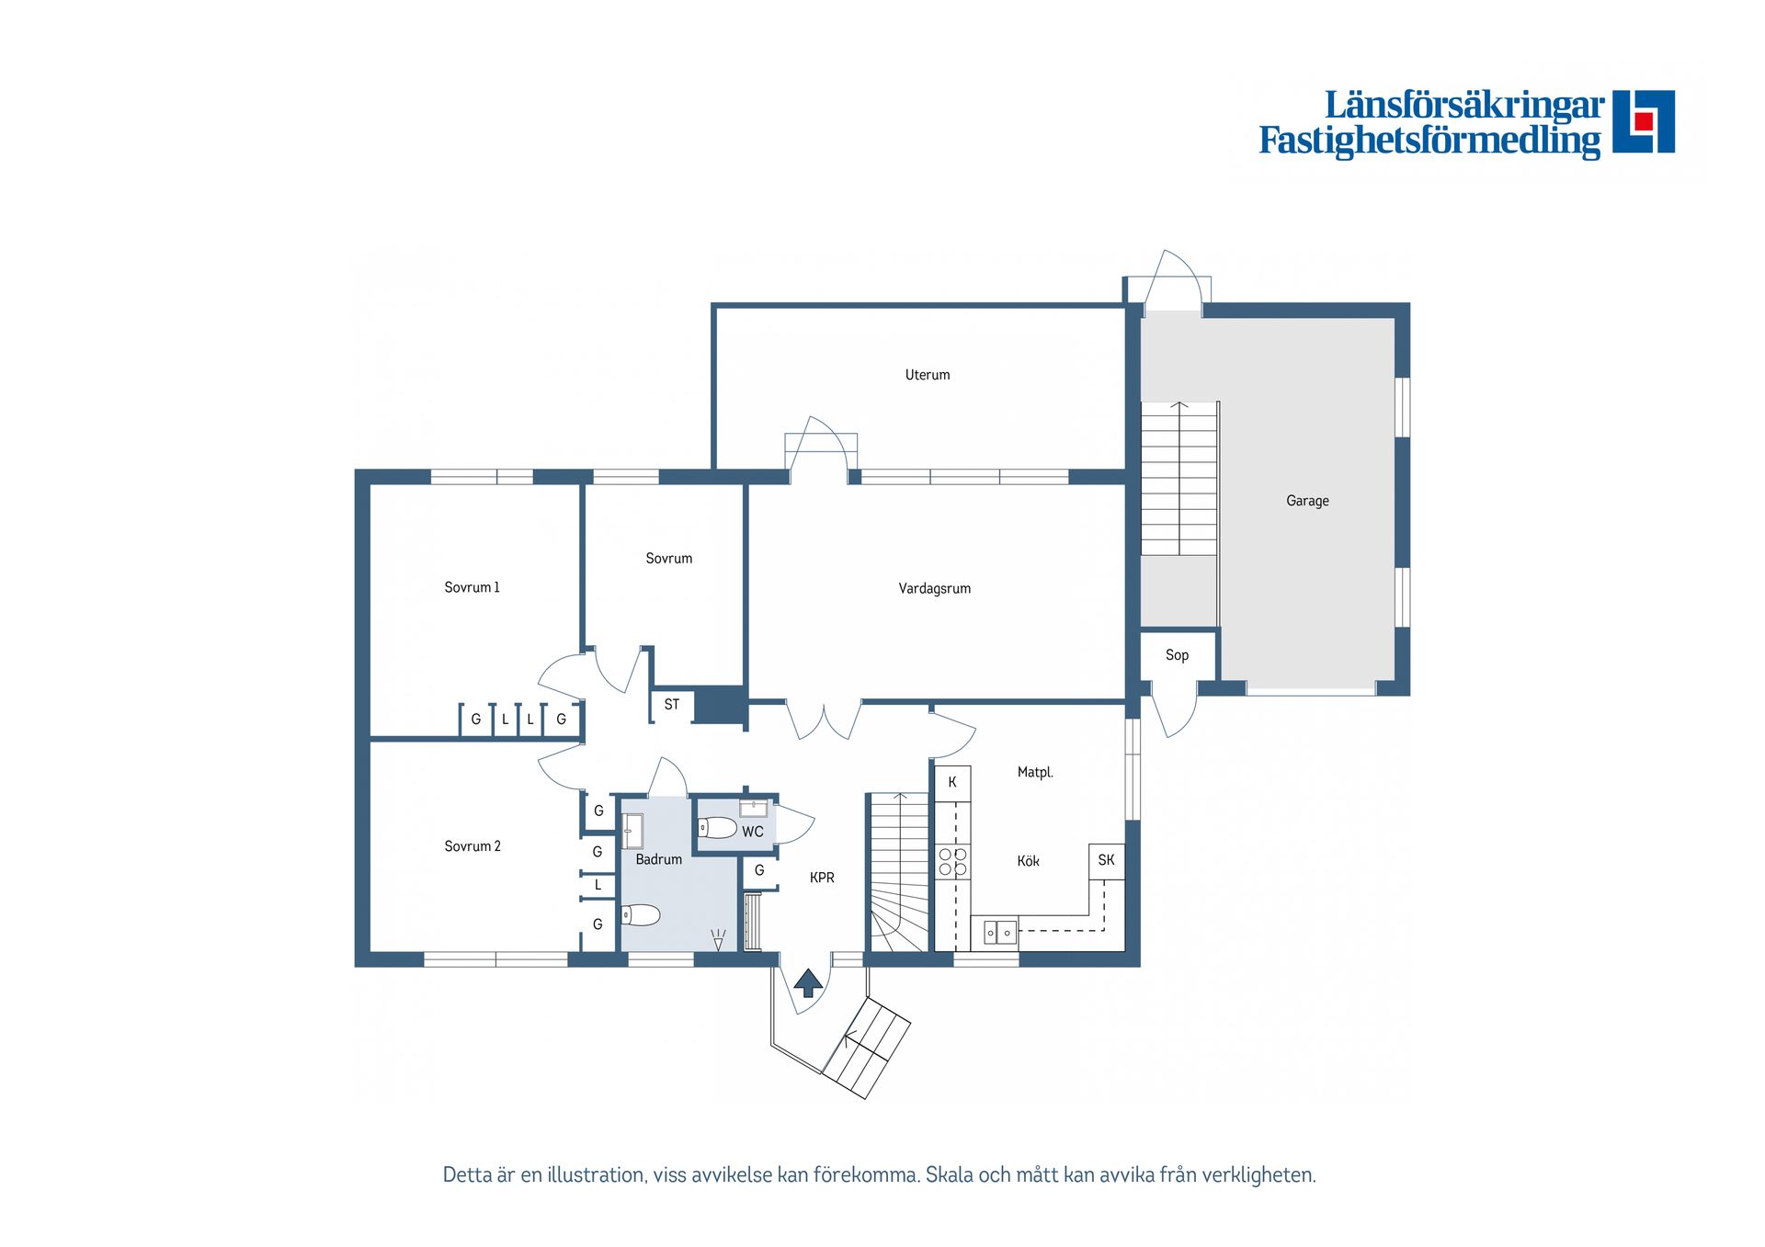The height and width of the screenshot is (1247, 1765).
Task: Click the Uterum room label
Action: (x=927, y=375)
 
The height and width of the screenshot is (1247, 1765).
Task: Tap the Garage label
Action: (x=1307, y=501)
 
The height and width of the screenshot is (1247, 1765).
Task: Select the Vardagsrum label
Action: (x=934, y=589)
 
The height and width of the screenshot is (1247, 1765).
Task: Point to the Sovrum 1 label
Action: (x=472, y=587)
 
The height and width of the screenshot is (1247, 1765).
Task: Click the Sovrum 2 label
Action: (x=473, y=846)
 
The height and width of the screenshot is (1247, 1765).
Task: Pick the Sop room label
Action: (x=1177, y=655)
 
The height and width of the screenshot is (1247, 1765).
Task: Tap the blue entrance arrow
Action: (x=808, y=982)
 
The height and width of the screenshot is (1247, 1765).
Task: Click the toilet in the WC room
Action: (x=717, y=828)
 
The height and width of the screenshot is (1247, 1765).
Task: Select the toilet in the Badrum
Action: (x=641, y=914)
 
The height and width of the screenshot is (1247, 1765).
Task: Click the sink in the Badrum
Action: (x=632, y=831)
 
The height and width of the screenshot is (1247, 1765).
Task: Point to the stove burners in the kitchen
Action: (x=952, y=862)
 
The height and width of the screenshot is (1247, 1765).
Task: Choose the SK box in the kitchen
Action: (x=1106, y=861)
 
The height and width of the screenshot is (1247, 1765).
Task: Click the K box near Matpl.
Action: (x=952, y=783)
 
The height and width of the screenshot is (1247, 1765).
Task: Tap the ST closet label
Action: (x=672, y=705)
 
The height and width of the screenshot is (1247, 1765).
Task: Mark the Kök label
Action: (x=1028, y=861)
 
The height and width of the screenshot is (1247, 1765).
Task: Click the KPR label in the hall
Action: (x=822, y=878)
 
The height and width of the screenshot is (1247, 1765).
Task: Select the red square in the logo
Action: (x=1644, y=121)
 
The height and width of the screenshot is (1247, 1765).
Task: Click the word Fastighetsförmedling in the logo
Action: (x=1429, y=141)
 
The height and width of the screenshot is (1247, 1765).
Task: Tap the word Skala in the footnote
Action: (x=950, y=1175)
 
